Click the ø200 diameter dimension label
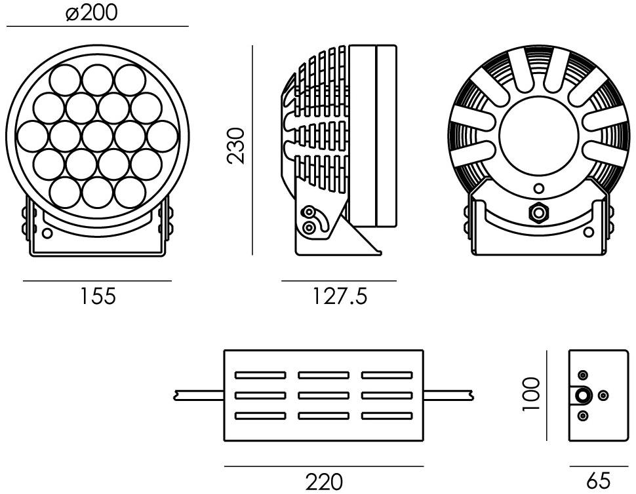tap(91, 13)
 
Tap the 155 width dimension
tap(97, 296)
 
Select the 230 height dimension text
tap(236, 146)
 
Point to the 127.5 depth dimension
tap(340, 296)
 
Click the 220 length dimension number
tap(324, 482)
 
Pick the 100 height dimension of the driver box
tap(531, 394)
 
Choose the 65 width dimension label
tap(598, 482)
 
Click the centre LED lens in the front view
tap(97, 136)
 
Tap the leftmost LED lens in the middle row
tap(32, 136)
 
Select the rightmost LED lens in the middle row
tap(163, 136)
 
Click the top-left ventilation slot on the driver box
tap(260, 375)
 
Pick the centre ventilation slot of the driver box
tap(323, 396)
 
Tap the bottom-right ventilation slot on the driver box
tap(387, 416)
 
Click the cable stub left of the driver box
tap(199, 396)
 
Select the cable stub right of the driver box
tap(448, 396)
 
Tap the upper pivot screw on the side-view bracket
tap(309, 212)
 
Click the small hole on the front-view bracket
tap(47, 233)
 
